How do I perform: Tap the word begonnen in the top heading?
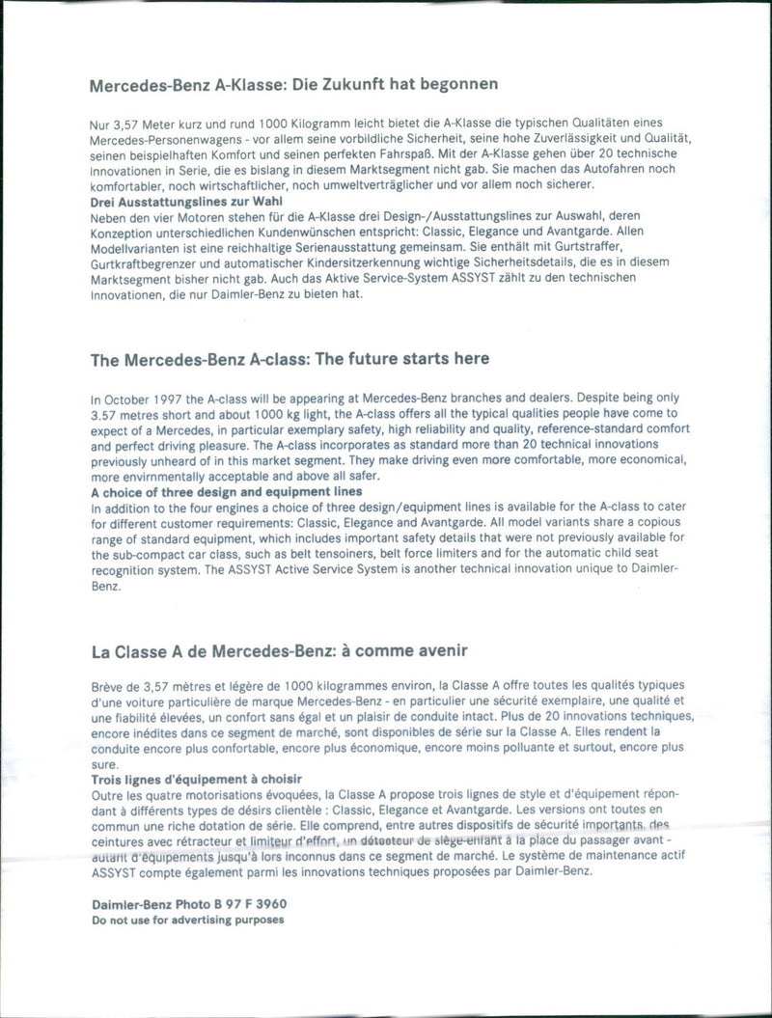(x=458, y=84)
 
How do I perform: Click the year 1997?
(x=177, y=398)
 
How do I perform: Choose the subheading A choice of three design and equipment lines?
(x=226, y=491)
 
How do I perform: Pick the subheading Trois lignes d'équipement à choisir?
(x=196, y=778)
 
